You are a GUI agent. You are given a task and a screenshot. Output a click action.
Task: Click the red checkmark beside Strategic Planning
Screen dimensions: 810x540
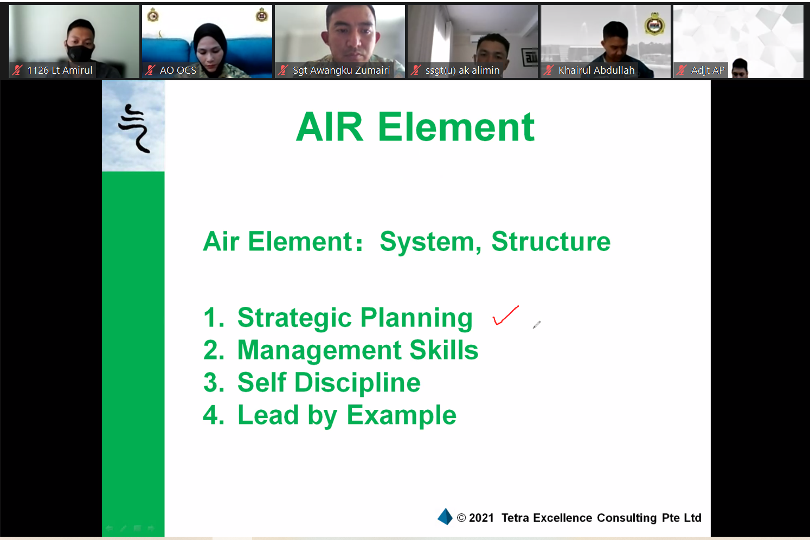pyautogui.click(x=505, y=316)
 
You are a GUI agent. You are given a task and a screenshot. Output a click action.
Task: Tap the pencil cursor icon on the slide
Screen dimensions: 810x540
pyautogui.click(x=537, y=324)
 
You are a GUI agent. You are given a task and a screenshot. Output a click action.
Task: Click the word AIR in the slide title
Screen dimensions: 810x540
pyautogui.click(x=330, y=127)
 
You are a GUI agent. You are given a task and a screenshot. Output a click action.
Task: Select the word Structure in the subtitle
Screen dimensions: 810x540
pyautogui.click(x=551, y=241)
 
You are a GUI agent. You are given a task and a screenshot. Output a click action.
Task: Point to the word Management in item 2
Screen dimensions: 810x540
pyautogui.click(x=319, y=350)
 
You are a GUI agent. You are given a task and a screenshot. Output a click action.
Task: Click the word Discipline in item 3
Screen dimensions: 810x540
pyautogui.click(x=358, y=383)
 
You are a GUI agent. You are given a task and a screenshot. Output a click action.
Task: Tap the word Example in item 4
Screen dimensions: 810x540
pyautogui.click(x=401, y=415)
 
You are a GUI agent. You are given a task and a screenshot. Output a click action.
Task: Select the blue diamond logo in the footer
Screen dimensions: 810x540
pyautogui.click(x=445, y=517)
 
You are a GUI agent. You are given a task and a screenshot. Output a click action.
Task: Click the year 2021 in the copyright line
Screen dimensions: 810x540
pyautogui.click(x=481, y=518)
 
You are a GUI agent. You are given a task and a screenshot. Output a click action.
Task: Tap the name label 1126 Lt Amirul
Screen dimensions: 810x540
pyautogui.click(x=60, y=70)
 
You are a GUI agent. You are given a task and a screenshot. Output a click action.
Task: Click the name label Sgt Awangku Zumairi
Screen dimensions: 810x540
pyautogui.click(x=341, y=70)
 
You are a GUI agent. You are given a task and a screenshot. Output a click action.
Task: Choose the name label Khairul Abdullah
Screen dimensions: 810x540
pyautogui.click(x=596, y=70)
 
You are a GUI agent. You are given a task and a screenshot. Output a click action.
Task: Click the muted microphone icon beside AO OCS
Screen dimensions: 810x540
pyautogui.click(x=150, y=70)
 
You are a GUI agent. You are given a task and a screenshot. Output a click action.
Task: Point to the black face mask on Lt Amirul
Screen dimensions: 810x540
pyautogui.click(x=80, y=53)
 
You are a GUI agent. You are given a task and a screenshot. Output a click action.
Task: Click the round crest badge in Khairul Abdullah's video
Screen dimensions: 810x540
pyautogui.click(x=654, y=24)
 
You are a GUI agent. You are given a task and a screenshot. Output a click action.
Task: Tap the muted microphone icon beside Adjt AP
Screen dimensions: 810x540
pyautogui.click(x=682, y=70)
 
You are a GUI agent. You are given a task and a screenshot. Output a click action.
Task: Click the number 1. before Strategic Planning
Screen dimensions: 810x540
pyautogui.click(x=214, y=318)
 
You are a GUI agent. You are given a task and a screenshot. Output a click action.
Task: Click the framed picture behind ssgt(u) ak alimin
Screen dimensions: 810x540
pyautogui.click(x=529, y=57)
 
